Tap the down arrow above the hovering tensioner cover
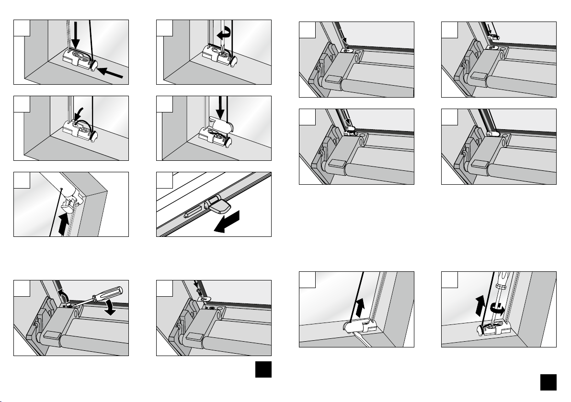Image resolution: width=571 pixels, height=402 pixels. [220, 106]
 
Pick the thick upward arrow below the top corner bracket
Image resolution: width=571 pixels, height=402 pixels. [62, 224]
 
